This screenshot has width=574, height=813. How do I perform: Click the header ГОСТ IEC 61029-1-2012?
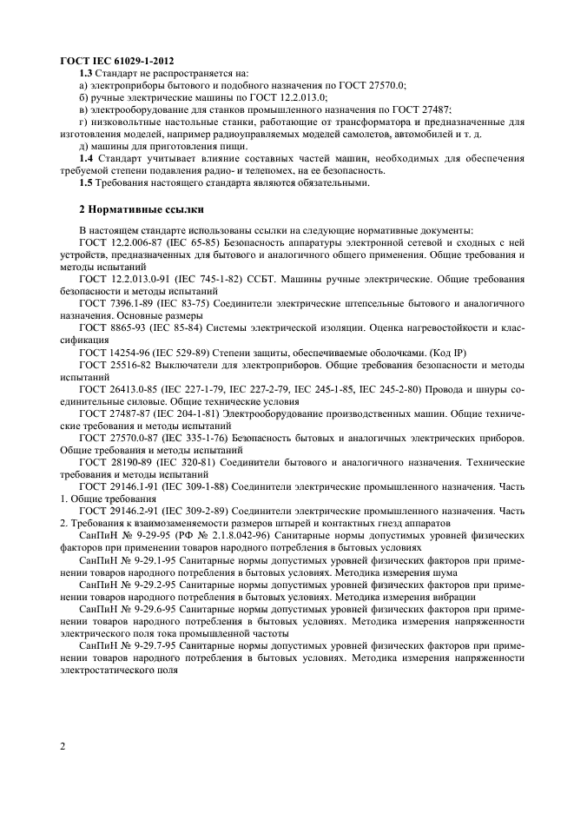[x=116, y=61]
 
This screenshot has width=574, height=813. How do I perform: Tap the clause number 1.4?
[x=86, y=158]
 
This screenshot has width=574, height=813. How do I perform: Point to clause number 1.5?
[x=86, y=182]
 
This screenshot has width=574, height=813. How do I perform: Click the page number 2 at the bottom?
[x=63, y=746]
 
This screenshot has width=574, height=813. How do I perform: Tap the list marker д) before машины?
[x=83, y=146]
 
